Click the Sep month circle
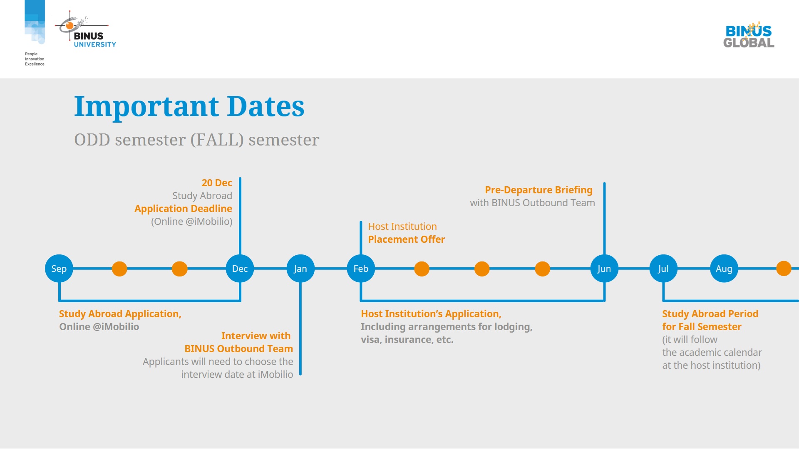pos(59,269)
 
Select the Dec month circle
pos(240,269)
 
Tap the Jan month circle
pos(300,269)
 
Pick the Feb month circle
pos(361,269)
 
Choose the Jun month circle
pos(604,269)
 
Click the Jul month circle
pos(663,269)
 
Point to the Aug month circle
pos(724,269)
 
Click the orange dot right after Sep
pos(119,269)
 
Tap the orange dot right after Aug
pos(784,269)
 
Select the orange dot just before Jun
pos(543,269)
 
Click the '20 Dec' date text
pos(217,183)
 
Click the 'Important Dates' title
pos(189,106)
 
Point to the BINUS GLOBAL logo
pos(749,35)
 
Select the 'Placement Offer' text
pos(407,239)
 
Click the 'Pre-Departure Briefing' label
pos(538,190)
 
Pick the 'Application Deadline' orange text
pos(183,209)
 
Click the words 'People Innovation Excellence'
pos(35,59)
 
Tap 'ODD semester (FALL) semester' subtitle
pos(197,140)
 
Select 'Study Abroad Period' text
pos(710,314)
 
